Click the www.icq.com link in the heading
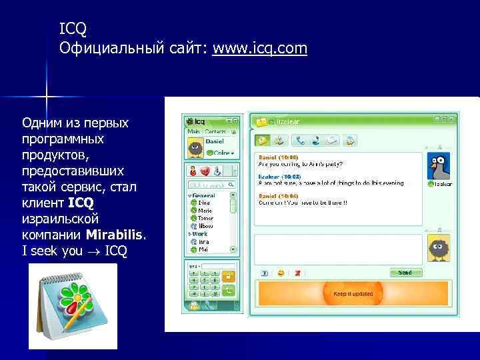(260, 49)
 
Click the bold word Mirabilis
(115, 235)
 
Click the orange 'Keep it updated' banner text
(353, 293)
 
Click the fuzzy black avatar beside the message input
(438, 248)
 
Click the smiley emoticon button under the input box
(281, 273)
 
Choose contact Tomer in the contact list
(205, 218)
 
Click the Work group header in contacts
(201, 234)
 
